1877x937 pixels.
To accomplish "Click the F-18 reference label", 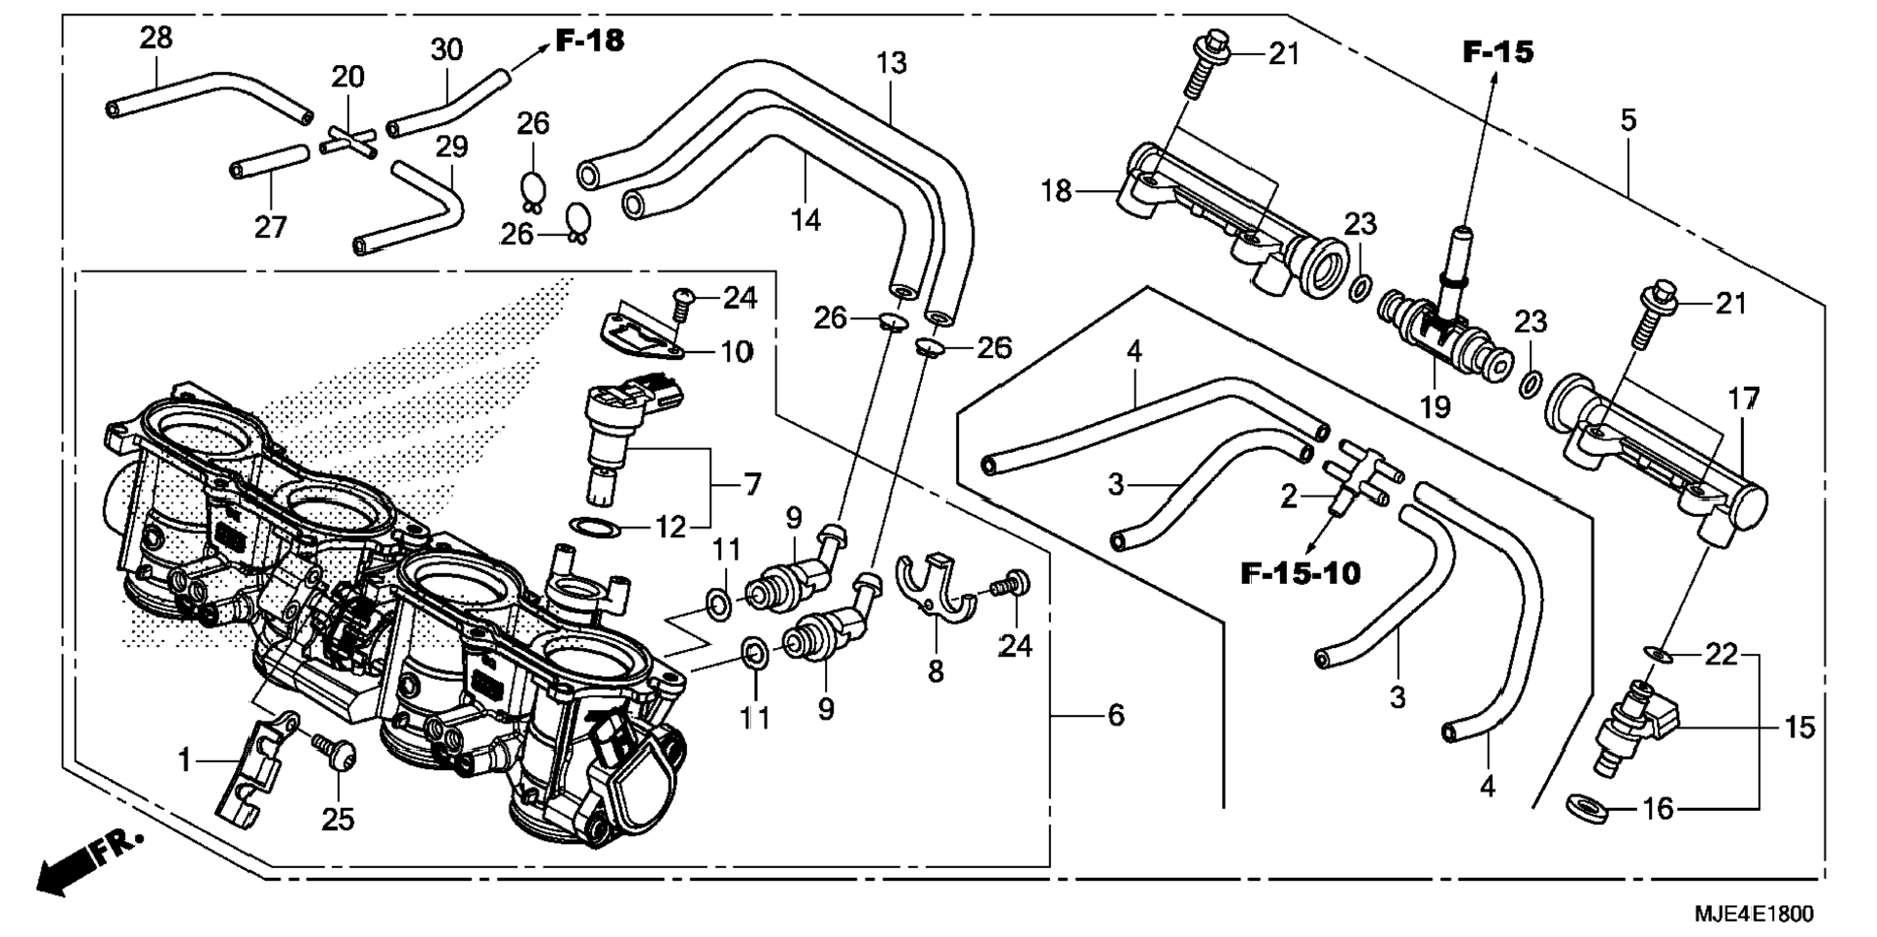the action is (x=589, y=40).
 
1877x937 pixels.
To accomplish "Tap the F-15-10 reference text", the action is (x=1301, y=573).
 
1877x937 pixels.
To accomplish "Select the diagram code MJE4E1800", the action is (x=1753, y=914).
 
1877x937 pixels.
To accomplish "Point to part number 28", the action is (x=155, y=38).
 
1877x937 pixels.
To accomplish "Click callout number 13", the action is (x=891, y=62).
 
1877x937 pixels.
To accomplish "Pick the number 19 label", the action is (x=1434, y=406).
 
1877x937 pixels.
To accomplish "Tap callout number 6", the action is (x=1116, y=716).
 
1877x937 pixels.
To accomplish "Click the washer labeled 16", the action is (x=1588, y=806).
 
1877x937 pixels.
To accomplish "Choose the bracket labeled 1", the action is (x=249, y=766).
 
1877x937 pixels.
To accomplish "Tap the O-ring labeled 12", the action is (x=595, y=528).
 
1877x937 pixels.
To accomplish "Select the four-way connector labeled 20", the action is (x=346, y=142).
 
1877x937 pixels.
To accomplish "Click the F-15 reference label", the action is (x=1498, y=51).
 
